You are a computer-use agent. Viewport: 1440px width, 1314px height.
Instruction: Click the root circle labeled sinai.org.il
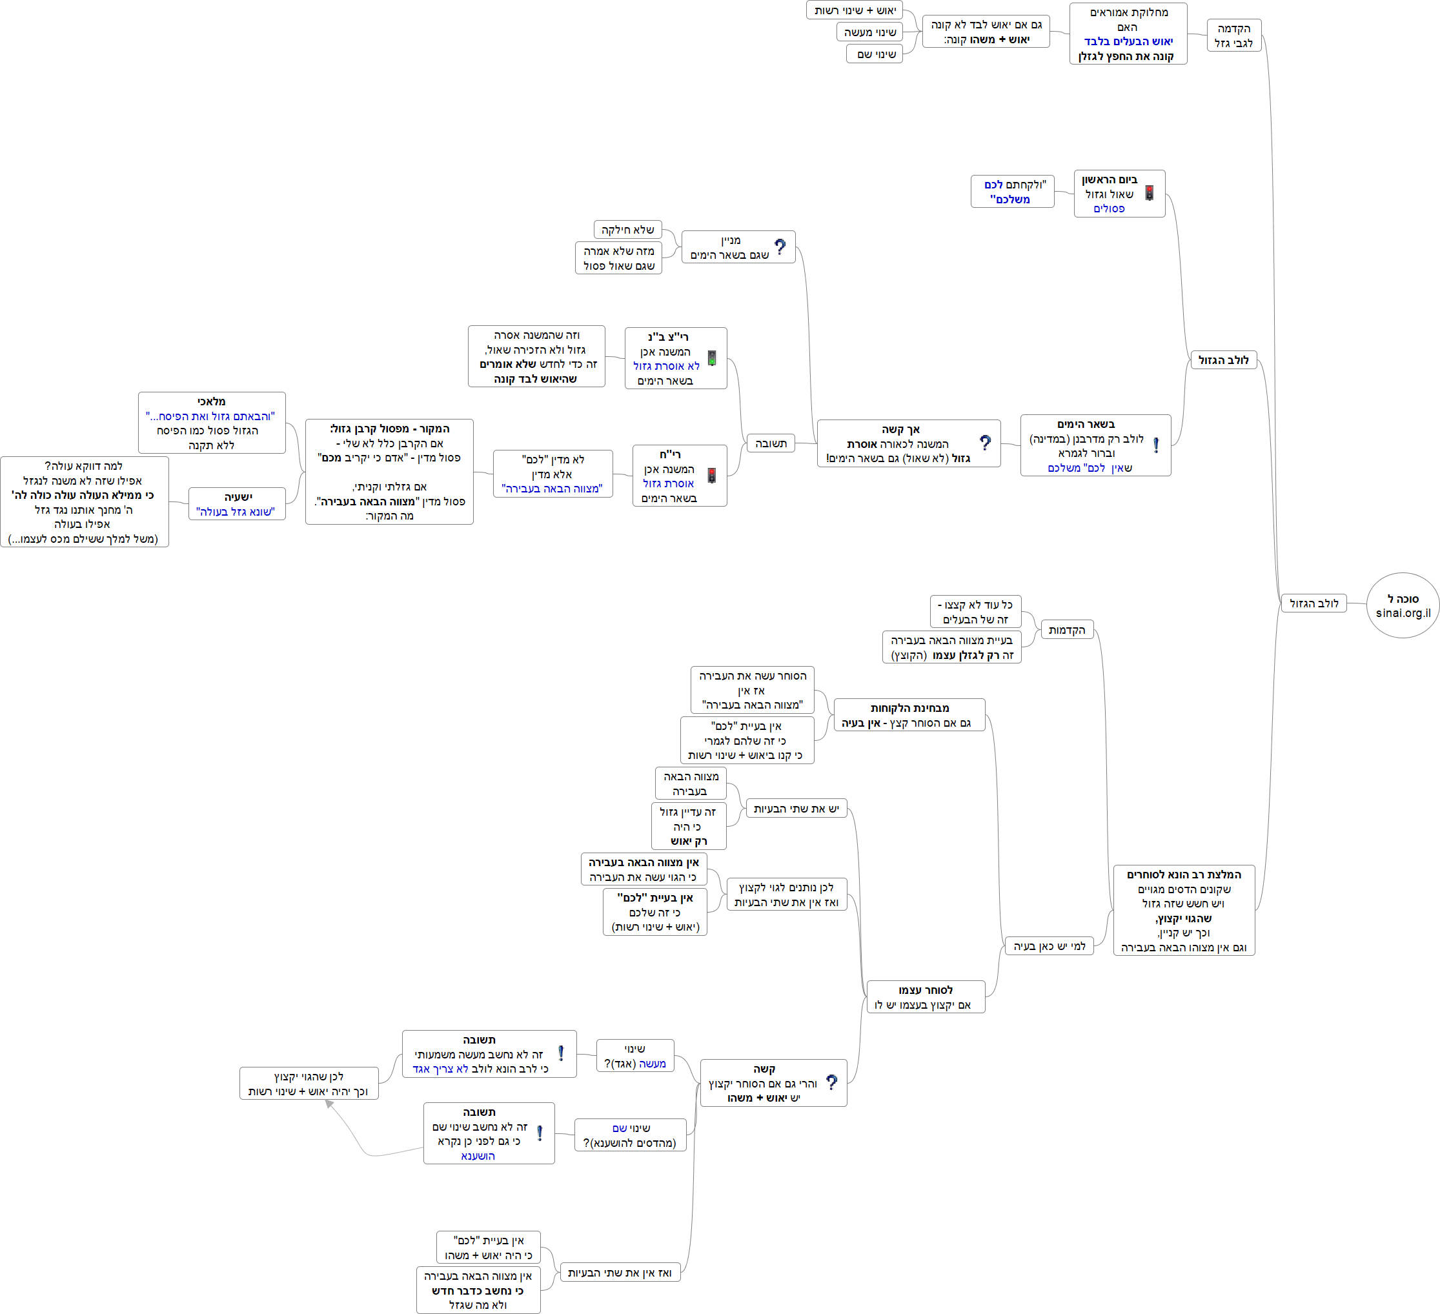pos(1402,605)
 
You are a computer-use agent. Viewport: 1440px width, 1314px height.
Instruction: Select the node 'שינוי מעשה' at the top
pos(869,32)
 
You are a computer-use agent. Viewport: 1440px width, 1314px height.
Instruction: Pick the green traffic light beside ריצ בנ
pos(712,358)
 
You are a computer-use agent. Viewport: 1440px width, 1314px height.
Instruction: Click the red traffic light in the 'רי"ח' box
pos(711,476)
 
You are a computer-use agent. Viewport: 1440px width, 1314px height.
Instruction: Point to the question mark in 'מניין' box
pos(780,247)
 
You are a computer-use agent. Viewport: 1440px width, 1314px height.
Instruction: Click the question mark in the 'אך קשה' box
pos(985,443)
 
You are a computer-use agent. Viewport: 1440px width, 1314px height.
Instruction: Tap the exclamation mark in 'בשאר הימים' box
pos(1156,445)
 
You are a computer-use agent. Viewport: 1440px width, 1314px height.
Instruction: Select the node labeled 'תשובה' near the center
pos(770,443)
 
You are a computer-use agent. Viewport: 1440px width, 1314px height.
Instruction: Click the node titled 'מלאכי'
pos(212,423)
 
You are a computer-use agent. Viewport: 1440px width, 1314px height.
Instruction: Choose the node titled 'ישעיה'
pos(236,504)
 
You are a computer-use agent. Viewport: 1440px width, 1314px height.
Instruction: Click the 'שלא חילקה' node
pos(627,230)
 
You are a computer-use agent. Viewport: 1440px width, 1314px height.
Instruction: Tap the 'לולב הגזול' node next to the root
pos(1313,603)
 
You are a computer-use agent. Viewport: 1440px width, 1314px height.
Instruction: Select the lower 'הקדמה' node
pos(1066,630)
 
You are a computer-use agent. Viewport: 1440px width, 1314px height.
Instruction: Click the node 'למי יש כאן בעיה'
pos(1049,946)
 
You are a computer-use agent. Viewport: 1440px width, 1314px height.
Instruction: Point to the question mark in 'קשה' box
pos(831,1082)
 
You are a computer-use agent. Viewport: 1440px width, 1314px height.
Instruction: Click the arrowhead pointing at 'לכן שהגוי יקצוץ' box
pos(329,1104)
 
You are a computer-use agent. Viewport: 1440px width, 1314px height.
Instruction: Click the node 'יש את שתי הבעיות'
pos(796,809)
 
